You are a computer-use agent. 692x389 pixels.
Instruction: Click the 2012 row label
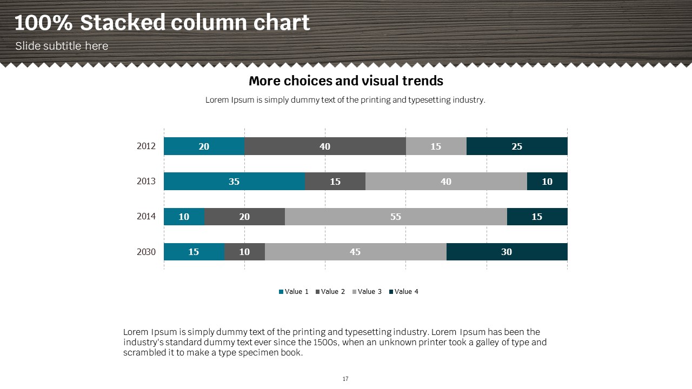point(146,146)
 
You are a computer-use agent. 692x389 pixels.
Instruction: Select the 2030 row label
point(146,252)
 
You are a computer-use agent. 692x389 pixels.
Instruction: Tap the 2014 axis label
point(146,216)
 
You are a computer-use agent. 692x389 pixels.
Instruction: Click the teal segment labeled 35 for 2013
point(234,182)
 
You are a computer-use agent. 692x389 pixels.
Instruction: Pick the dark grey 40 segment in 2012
point(325,146)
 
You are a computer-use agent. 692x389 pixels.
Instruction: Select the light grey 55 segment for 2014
point(396,217)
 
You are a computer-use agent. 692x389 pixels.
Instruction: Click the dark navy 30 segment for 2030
point(507,252)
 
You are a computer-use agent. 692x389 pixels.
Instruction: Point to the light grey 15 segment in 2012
point(436,146)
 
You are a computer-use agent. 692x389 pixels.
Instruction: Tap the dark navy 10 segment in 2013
point(547,182)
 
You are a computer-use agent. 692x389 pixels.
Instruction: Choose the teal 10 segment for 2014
point(184,217)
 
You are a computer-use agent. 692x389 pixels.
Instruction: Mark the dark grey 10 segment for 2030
point(244,252)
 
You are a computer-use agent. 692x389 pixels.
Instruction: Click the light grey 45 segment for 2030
point(355,252)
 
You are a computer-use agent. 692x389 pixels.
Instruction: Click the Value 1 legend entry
point(294,292)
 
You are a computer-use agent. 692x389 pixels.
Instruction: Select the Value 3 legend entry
point(367,292)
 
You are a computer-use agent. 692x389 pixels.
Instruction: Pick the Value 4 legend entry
point(404,292)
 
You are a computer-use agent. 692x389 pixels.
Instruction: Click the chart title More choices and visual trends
point(346,81)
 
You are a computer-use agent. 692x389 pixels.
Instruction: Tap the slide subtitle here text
point(62,46)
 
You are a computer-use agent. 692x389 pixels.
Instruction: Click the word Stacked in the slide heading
point(122,23)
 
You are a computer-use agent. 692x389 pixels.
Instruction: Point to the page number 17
point(345,379)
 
